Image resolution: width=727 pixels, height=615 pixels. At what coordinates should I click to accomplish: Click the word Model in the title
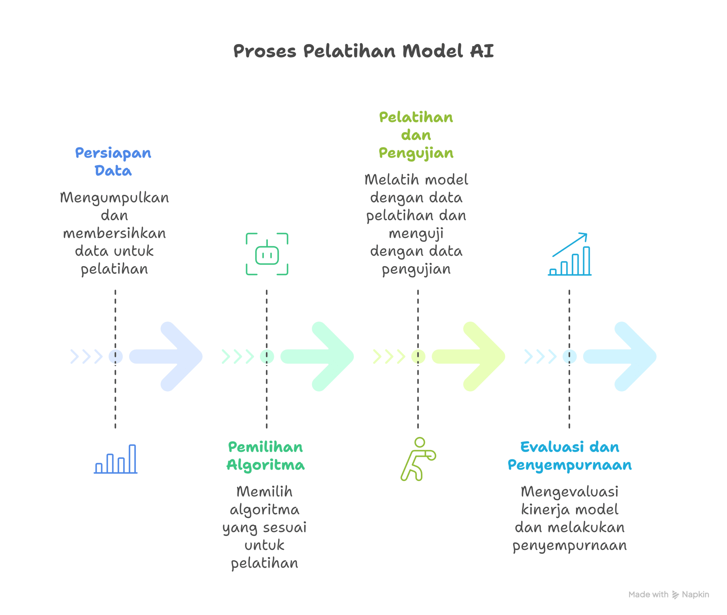[433, 51]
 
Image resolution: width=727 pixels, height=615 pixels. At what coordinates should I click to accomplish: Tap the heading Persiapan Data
[113, 161]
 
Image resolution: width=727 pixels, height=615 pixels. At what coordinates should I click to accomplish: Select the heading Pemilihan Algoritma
[265, 456]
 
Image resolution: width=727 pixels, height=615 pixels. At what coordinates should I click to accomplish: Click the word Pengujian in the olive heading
[416, 153]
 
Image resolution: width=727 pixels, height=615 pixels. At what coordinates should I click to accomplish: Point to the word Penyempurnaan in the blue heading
[569, 465]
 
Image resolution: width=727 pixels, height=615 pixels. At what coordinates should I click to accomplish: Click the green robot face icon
[267, 254]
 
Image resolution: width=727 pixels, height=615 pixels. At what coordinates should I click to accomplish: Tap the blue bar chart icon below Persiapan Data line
[116, 459]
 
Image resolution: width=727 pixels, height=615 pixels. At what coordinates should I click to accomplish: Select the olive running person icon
[418, 459]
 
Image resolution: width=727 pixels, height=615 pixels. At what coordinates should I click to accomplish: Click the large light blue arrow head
[181, 356]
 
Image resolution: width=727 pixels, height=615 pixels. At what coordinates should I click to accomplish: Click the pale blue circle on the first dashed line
[116, 356]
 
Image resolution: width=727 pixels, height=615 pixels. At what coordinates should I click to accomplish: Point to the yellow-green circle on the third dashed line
[418, 356]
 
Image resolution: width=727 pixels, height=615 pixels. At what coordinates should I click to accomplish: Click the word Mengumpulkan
[114, 198]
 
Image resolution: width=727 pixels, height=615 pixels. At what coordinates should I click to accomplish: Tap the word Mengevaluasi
[569, 492]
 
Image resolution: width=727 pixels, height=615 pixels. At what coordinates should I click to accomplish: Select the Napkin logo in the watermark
[676, 595]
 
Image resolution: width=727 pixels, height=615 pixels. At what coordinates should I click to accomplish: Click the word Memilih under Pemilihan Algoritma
[265, 492]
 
